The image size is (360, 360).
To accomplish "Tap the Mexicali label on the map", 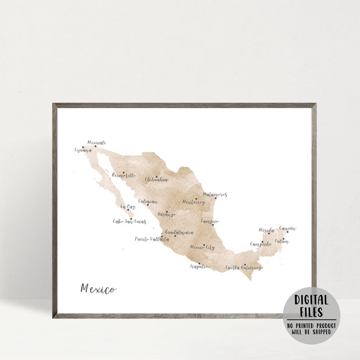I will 97,142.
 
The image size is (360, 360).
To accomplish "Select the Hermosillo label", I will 124,175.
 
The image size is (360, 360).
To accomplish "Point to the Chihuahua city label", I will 156,180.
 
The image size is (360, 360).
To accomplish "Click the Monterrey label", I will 194,202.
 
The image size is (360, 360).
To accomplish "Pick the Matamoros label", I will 215,195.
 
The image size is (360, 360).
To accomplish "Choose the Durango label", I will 166,214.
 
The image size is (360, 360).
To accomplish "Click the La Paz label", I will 128,207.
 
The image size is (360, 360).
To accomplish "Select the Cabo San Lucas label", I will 129,222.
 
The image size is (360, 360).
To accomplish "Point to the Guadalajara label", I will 180,233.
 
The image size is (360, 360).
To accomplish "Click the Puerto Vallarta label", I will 152,239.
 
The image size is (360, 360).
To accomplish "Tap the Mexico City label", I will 202,248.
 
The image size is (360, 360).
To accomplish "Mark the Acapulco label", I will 199,267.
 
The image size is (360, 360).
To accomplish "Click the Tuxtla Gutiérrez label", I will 243,268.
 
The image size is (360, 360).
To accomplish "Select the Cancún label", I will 287,229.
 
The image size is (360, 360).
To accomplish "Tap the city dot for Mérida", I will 268,234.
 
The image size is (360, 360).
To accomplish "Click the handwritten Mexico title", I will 98,288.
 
